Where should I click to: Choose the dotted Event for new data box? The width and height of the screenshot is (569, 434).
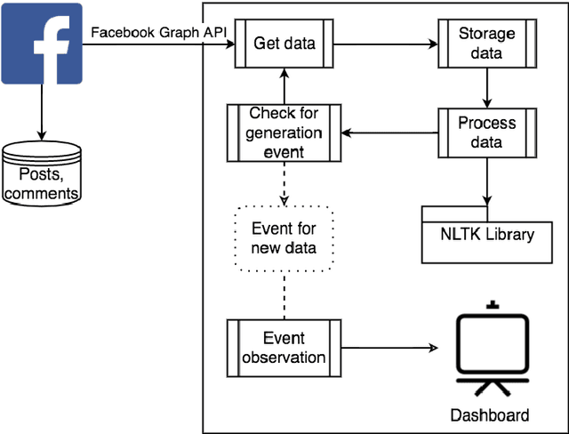pyautogui.click(x=284, y=238)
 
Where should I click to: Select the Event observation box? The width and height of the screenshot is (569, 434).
pyautogui.click(x=284, y=348)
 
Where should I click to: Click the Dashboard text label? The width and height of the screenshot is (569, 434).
pyautogui.click(x=489, y=415)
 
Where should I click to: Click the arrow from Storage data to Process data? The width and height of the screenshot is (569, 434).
pyautogui.click(x=487, y=87)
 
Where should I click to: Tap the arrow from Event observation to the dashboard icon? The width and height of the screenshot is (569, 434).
pyautogui.click(x=392, y=348)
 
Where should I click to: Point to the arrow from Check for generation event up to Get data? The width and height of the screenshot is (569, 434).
pyautogui.click(x=284, y=87)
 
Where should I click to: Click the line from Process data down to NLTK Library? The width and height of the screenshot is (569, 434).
pyautogui.click(x=487, y=181)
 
